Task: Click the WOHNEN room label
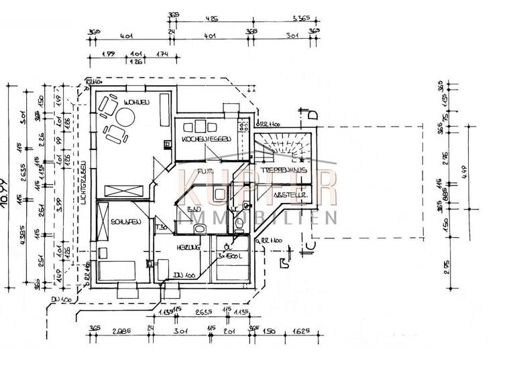(135, 101)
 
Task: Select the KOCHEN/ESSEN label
(206, 139)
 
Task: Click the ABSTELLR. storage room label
(289, 195)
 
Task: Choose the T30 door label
(162, 228)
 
